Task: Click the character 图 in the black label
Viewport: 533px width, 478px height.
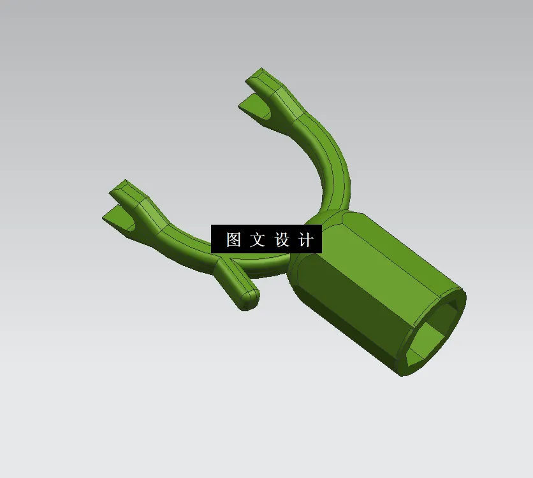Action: pos(234,240)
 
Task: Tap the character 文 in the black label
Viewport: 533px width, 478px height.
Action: pos(257,240)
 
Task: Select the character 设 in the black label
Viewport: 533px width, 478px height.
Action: pos(282,240)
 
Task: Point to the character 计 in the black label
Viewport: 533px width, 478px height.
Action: pos(306,240)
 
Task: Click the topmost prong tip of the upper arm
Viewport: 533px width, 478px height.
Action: pos(258,74)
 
